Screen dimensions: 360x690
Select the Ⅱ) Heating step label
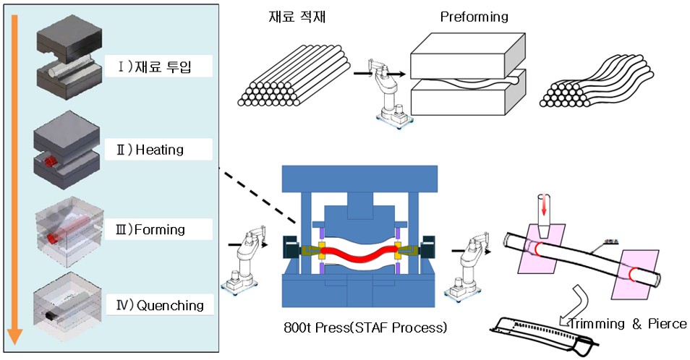pos(160,150)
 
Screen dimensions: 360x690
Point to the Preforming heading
pos(474,16)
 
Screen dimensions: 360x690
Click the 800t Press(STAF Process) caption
pos(366,327)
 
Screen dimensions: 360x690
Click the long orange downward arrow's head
pos(15,334)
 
